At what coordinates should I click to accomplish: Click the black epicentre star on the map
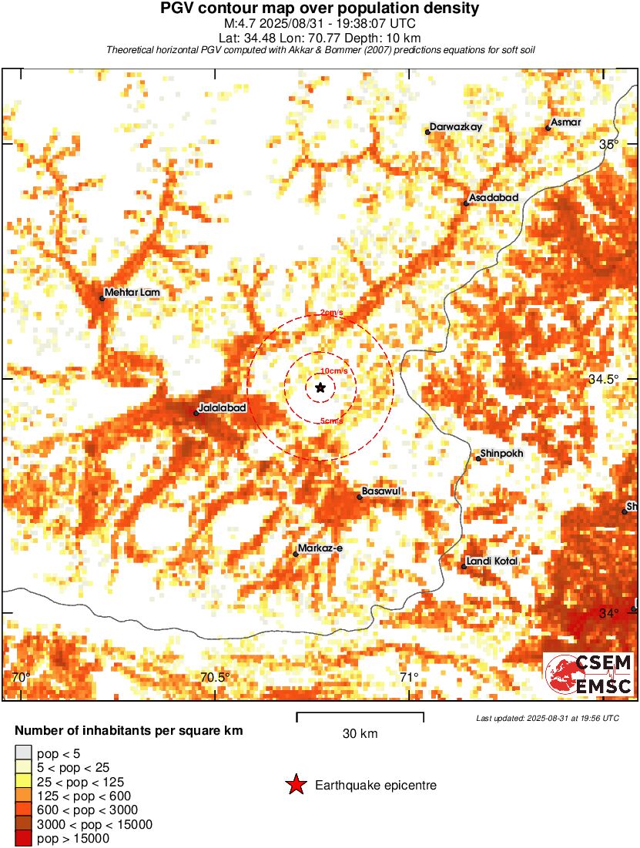(x=320, y=388)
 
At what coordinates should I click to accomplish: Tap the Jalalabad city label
(x=223, y=407)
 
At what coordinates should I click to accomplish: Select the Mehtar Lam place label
(x=133, y=293)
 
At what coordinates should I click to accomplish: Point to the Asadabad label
(x=494, y=198)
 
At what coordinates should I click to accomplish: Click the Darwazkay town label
(x=456, y=127)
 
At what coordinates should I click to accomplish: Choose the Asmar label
(x=565, y=123)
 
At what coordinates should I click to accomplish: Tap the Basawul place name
(x=383, y=491)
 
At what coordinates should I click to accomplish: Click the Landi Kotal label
(x=493, y=561)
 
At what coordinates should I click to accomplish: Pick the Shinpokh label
(x=501, y=454)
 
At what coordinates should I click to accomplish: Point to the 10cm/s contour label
(x=333, y=371)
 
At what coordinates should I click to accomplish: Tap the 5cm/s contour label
(x=331, y=421)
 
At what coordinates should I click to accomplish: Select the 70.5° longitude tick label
(x=215, y=678)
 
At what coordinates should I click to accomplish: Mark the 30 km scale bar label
(x=360, y=734)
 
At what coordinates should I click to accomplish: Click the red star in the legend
(x=296, y=786)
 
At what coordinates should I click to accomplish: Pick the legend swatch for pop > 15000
(x=23, y=838)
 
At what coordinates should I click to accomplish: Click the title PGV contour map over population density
(x=320, y=9)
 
